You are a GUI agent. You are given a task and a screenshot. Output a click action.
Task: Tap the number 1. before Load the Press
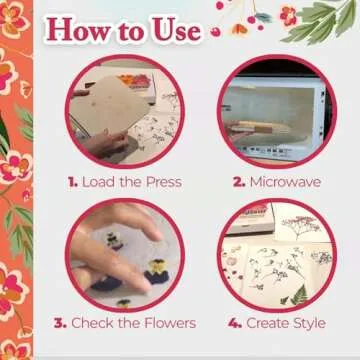tap(72, 183)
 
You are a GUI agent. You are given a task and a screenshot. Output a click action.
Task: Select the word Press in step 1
tap(161, 183)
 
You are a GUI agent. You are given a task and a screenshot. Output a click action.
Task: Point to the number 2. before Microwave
tap(238, 183)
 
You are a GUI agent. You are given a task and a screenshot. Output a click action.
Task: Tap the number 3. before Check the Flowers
tap(59, 324)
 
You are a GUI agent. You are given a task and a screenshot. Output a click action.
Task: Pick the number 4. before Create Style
tap(234, 324)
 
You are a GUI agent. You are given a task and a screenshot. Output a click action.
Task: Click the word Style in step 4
tap(308, 324)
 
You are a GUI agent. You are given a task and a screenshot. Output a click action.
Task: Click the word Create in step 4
tap(264, 324)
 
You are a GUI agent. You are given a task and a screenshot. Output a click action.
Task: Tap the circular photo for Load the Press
tap(125, 112)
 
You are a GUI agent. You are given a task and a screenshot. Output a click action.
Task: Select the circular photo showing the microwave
tap(273, 112)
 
